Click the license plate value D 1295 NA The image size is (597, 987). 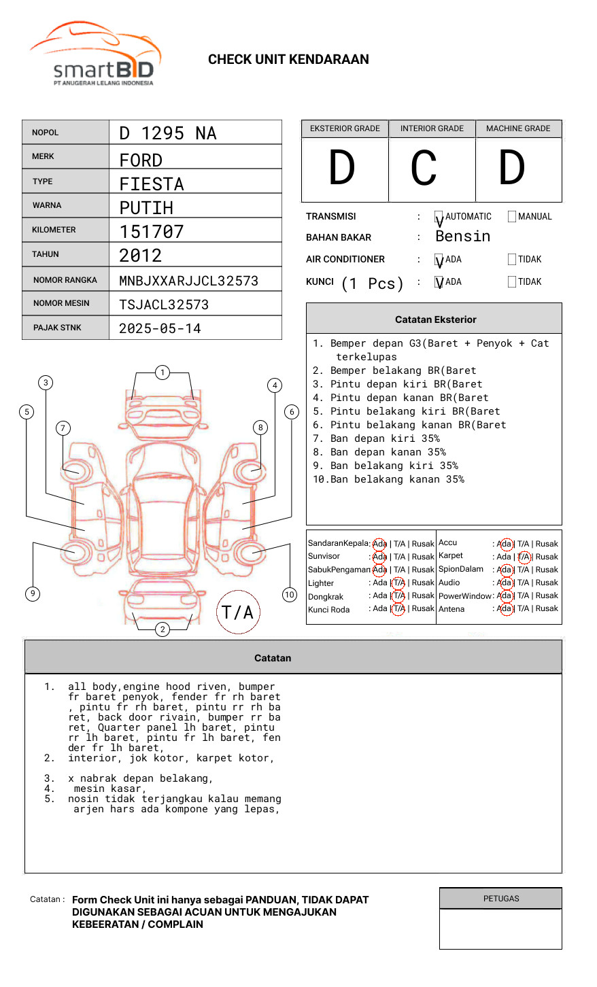point(168,133)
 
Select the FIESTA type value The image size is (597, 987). point(152,184)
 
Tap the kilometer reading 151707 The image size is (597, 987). point(152,232)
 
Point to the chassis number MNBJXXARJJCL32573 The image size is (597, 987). point(188,281)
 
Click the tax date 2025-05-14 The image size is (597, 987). point(160,329)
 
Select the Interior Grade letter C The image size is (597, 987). point(424,168)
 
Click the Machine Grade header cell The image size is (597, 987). point(518,128)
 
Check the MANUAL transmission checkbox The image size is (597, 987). point(512,217)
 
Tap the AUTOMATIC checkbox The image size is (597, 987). point(439,217)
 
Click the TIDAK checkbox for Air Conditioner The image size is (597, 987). point(512,260)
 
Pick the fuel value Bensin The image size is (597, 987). point(462,237)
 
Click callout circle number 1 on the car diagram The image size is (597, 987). point(162,372)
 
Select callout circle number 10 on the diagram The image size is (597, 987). point(290,595)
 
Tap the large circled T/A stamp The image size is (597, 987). point(237,612)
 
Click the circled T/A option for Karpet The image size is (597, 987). point(524,557)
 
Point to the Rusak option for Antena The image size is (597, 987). point(546,608)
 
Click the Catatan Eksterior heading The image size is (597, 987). point(435,319)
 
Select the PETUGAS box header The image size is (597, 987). point(500,899)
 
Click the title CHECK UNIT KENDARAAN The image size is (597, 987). point(288,60)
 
